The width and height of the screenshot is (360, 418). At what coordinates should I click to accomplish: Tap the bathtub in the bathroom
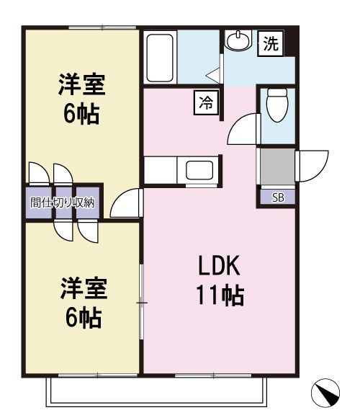(x=159, y=57)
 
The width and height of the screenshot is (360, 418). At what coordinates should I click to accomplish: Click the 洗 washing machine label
(x=270, y=45)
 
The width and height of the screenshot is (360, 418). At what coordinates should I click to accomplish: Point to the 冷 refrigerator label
(x=205, y=102)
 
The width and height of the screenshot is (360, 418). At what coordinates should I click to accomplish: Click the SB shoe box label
(x=277, y=197)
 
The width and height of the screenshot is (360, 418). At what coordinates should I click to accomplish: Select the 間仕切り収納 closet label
(x=62, y=203)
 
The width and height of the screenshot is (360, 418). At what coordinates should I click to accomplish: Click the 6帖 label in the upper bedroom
(x=81, y=115)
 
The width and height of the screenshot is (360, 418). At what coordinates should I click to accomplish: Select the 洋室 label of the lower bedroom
(x=82, y=289)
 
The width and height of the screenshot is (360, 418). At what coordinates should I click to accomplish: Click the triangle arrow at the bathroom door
(x=214, y=74)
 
